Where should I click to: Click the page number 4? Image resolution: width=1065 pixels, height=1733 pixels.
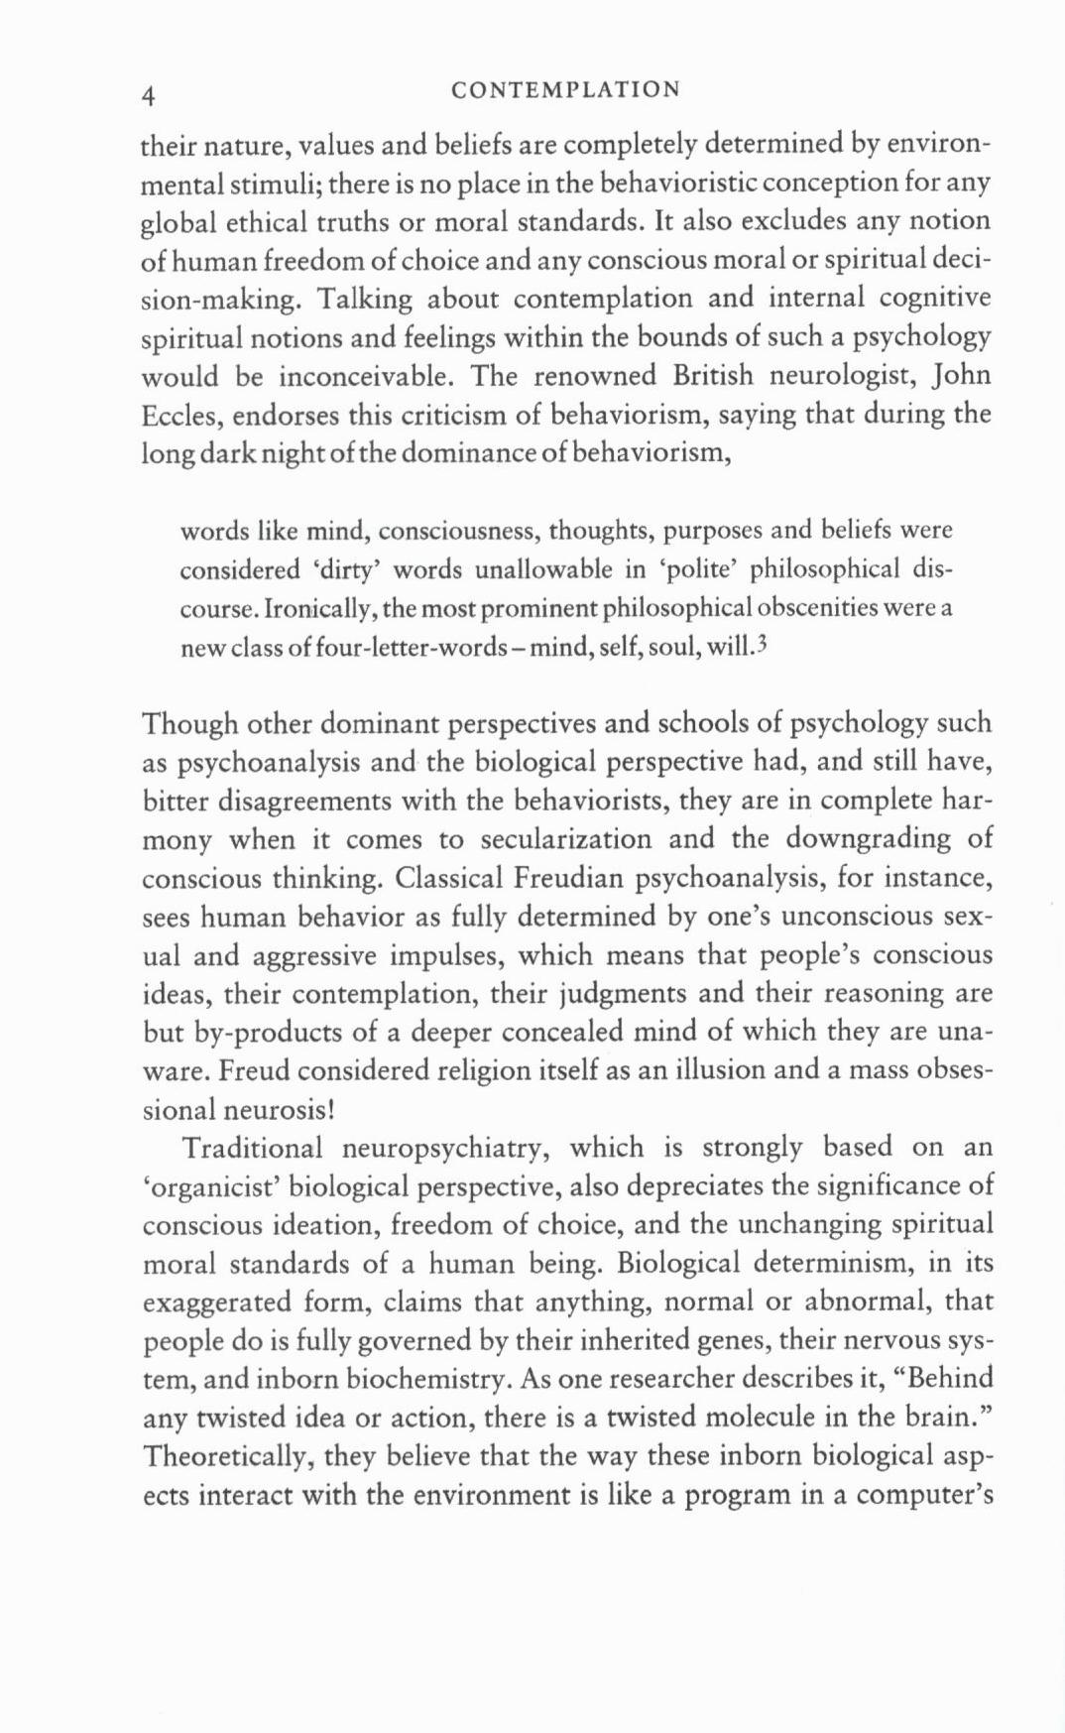pos(149,95)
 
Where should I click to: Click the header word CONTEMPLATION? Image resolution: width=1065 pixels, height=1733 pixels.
pos(565,90)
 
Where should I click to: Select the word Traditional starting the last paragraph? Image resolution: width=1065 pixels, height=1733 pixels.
pos(252,1149)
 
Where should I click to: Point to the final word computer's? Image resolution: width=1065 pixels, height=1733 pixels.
pos(924,1495)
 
